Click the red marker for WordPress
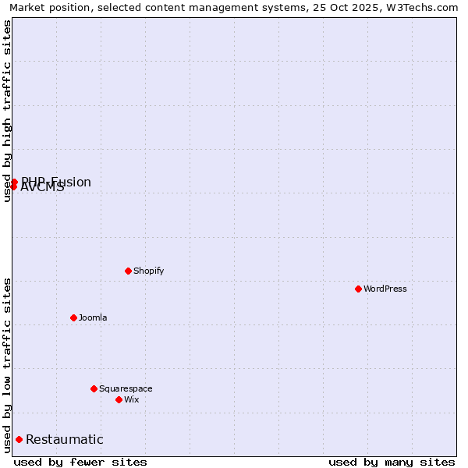pyautogui.click(x=358, y=289)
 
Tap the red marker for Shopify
pyautogui.click(x=128, y=271)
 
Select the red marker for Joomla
pyautogui.click(x=73, y=317)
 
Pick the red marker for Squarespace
pyautogui.click(x=94, y=388)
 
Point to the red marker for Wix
pyautogui.click(x=119, y=399)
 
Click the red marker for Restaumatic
pyautogui.click(x=19, y=439)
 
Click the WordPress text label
pyautogui.click(x=385, y=289)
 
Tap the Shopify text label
pyautogui.click(x=148, y=271)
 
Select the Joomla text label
pyautogui.click(x=93, y=317)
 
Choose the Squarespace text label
pyautogui.click(x=126, y=388)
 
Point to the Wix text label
pyautogui.click(x=131, y=399)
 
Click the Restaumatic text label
pyautogui.click(x=64, y=439)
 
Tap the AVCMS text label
pyautogui.click(x=42, y=187)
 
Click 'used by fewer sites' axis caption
pyautogui.click(x=80, y=462)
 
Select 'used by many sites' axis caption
pyautogui.click(x=392, y=462)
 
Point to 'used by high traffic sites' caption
pyautogui.click(x=7, y=111)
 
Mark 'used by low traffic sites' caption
pyautogui.click(x=7, y=365)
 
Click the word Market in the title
pyautogui.click(x=27, y=7)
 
